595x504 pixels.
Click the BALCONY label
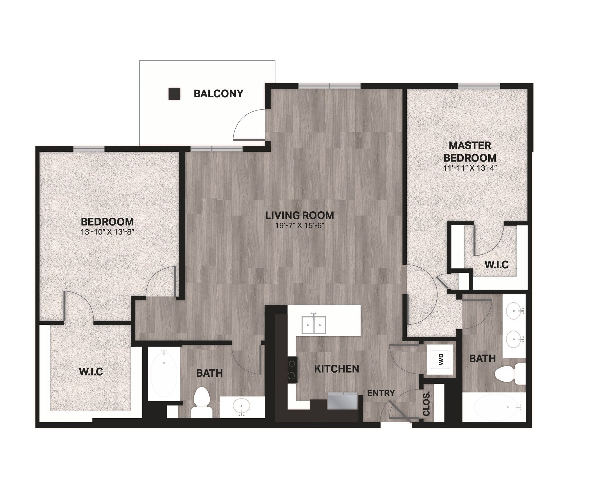pyautogui.click(x=218, y=94)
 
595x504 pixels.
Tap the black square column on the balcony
pyautogui.click(x=174, y=94)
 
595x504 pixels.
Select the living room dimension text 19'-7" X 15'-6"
pyautogui.click(x=300, y=226)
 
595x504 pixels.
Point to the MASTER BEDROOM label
pyautogui.click(x=470, y=151)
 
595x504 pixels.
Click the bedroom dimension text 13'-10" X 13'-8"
pyautogui.click(x=107, y=232)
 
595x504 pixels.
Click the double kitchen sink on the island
pyautogui.click(x=314, y=325)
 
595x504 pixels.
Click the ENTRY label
pyautogui.click(x=381, y=393)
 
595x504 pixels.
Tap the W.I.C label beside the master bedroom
pyautogui.click(x=497, y=264)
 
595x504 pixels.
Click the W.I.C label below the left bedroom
pyautogui.click(x=91, y=371)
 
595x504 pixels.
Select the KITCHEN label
pyautogui.click(x=336, y=369)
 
